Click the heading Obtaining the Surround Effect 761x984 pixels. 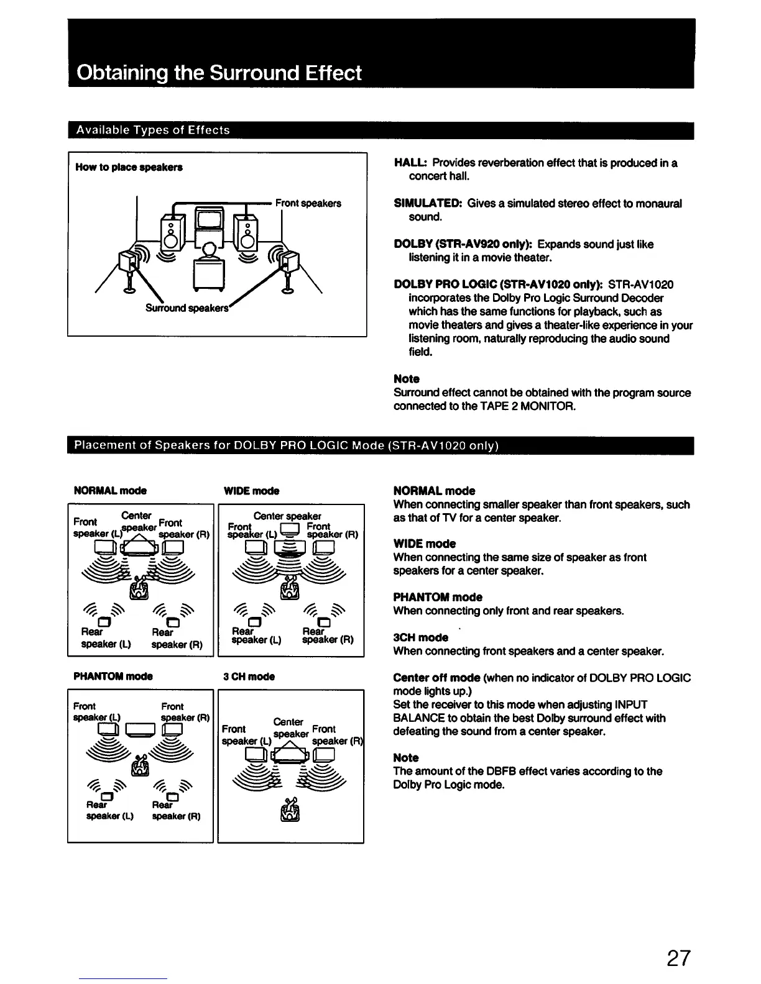pyautogui.click(x=218, y=73)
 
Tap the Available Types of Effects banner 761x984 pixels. pyautogui.click(x=152, y=130)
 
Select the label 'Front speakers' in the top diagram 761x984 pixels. pyautogui.click(x=308, y=203)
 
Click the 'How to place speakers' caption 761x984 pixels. pyautogui.click(x=129, y=167)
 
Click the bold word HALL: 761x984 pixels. pyautogui.click(x=411, y=163)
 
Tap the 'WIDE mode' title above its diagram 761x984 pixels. pyautogui.click(x=251, y=491)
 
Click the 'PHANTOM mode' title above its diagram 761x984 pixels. pyautogui.click(x=113, y=676)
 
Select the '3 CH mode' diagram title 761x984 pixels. pyautogui.click(x=249, y=676)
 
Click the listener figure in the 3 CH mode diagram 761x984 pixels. pyautogui.click(x=290, y=809)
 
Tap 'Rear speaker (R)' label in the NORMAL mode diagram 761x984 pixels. pyautogui.click(x=177, y=639)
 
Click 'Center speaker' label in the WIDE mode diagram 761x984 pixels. pyautogui.click(x=287, y=516)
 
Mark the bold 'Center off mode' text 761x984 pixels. pyautogui.click(x=436, y=678)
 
